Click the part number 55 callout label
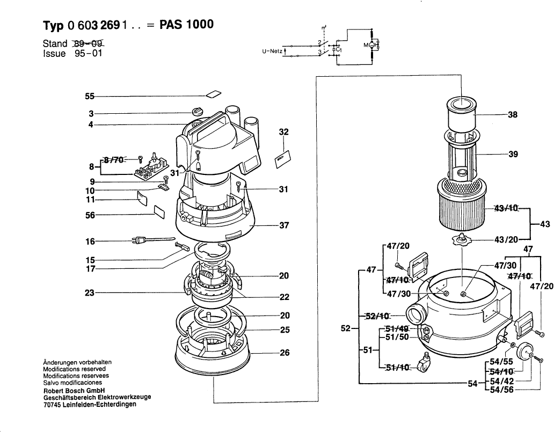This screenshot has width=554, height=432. point(89,97)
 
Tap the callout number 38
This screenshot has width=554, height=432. point(513,114)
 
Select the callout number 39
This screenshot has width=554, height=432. point(513,155)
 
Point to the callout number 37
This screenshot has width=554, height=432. point(285,225)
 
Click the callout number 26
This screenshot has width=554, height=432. point(285,353)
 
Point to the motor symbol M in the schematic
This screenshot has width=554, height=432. point(368,46)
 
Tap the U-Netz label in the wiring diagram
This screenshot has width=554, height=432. point(272,51)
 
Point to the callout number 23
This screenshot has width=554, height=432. point(89,293)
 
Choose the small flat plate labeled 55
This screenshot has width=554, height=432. point(214,94)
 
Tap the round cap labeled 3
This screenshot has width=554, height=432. point(198,112)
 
